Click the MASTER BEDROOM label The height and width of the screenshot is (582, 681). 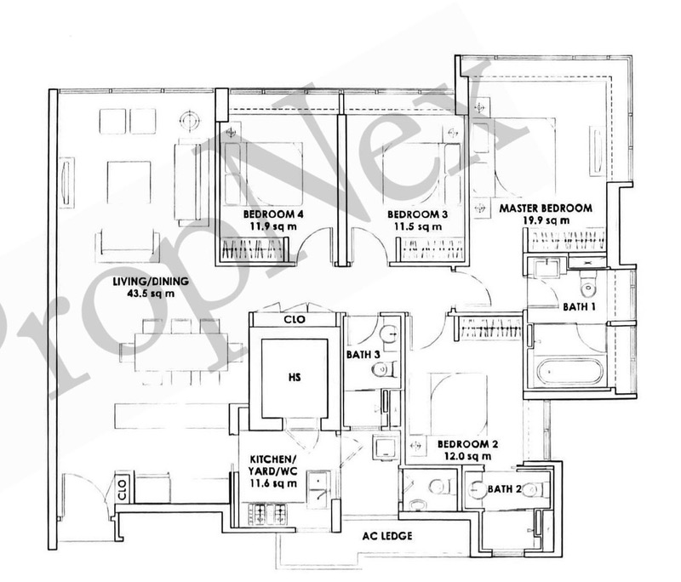[x=546, y=208]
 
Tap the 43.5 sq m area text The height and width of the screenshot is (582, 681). [x=151, y=294]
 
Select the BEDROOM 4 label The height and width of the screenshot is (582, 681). [x=273, y=214]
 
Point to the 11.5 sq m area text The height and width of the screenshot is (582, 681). [x=418, y=226]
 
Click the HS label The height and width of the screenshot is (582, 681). [x=295, y=377]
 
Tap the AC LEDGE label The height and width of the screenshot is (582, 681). [x=387, y=536]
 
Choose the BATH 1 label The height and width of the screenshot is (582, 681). [x=579, y=307]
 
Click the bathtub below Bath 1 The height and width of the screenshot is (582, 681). [x=569, y=371]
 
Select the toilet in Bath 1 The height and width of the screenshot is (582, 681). [x=588, y=283]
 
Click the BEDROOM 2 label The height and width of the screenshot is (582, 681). [x=467, y=444]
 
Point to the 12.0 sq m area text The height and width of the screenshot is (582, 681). [x=467, y=456]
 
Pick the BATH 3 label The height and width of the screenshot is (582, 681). [x=363, y=355]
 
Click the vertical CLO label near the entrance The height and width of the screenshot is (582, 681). [x=122, y=489]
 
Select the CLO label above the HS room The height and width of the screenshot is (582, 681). [x=295, y=319]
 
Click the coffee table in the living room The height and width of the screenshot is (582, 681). [x=129, y=182]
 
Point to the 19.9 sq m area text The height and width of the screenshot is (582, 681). [x=546, y=220]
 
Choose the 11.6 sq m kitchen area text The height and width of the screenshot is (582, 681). [x=273, y=483]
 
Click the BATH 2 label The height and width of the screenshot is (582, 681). [x=505, y=488]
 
